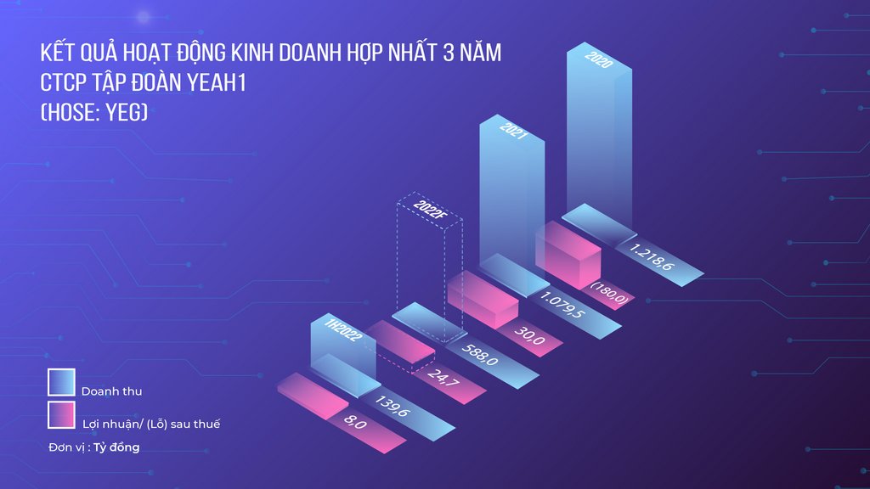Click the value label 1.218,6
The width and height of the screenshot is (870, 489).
click(x=652, y=257)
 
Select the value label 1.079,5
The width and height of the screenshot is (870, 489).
click(x=562, y=306)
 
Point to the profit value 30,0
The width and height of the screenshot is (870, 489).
click(x=529, y=334)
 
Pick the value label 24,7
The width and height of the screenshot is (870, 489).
click(x=443, y=377)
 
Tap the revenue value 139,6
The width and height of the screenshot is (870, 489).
click(x=393, y=406)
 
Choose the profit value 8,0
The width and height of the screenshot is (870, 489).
click(x=355, y=421)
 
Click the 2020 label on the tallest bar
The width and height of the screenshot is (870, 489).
click(x=599, y=59)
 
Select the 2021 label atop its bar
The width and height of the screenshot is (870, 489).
click(x=512, y=131)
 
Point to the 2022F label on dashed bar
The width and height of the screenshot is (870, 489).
click(x=429, y=211)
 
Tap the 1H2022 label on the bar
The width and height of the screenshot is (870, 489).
click(x=343, y=330)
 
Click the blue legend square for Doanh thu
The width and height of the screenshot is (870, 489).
click(x=61, y=382)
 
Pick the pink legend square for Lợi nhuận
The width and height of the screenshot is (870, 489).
click(x=61, y=414)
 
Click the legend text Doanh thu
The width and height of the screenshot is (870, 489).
click(x=111, y=391)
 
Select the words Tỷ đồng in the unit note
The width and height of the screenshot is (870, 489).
click(x=116, y=447)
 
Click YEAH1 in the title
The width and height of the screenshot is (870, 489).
click(x=216, y=82)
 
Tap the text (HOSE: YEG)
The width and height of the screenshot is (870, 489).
click(x=94, y=113)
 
